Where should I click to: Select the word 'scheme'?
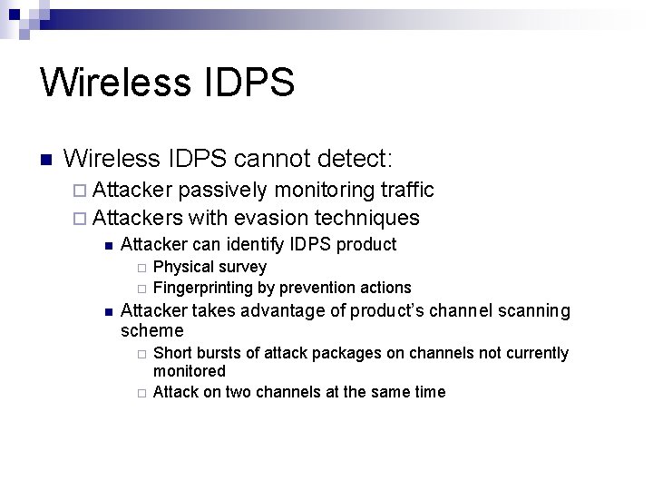coord(151,331)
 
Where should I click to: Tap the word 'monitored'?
coord(190,371)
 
